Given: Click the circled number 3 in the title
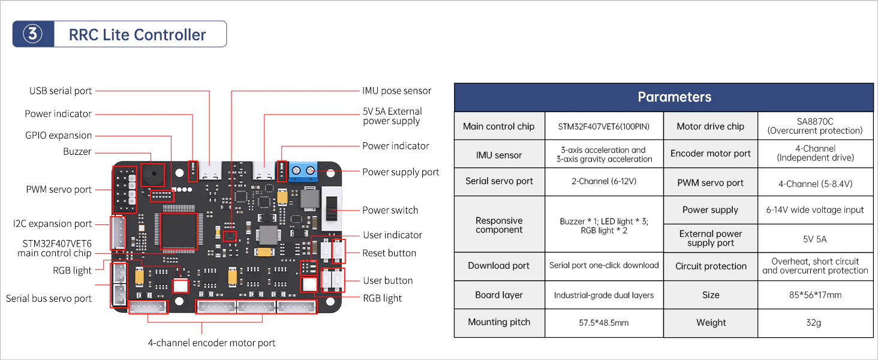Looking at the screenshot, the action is pos(33,34).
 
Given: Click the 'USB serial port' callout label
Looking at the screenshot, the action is pos(61,91).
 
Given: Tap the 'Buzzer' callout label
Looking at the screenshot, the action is pos(77,151).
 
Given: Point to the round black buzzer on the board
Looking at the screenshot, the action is pos(153,174).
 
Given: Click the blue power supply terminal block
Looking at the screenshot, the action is pos(303,171).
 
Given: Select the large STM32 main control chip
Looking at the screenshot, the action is pos(179,232).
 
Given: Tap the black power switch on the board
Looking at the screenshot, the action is pos(332,208).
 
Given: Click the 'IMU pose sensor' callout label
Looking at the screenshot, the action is pos(396,91).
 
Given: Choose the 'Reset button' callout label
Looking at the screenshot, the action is pos(389,253).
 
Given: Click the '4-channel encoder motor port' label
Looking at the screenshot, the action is pos(212,343).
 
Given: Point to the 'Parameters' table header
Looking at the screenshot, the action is pos(674,97).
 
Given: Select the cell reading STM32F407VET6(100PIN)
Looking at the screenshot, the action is pos(603,126).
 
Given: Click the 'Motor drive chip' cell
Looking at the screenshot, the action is pos(710,126).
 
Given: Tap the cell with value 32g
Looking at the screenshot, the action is pos(813,322).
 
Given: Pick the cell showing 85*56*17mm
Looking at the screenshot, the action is pos(815,295).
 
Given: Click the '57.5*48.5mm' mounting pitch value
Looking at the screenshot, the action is pos(603,323).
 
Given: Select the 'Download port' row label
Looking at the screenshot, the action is pos(498,265).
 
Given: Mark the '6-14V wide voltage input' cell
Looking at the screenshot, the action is pos(815,210).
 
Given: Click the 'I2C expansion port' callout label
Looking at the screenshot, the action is pos(52,224).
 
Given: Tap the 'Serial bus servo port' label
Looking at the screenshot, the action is pos(49,298).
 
